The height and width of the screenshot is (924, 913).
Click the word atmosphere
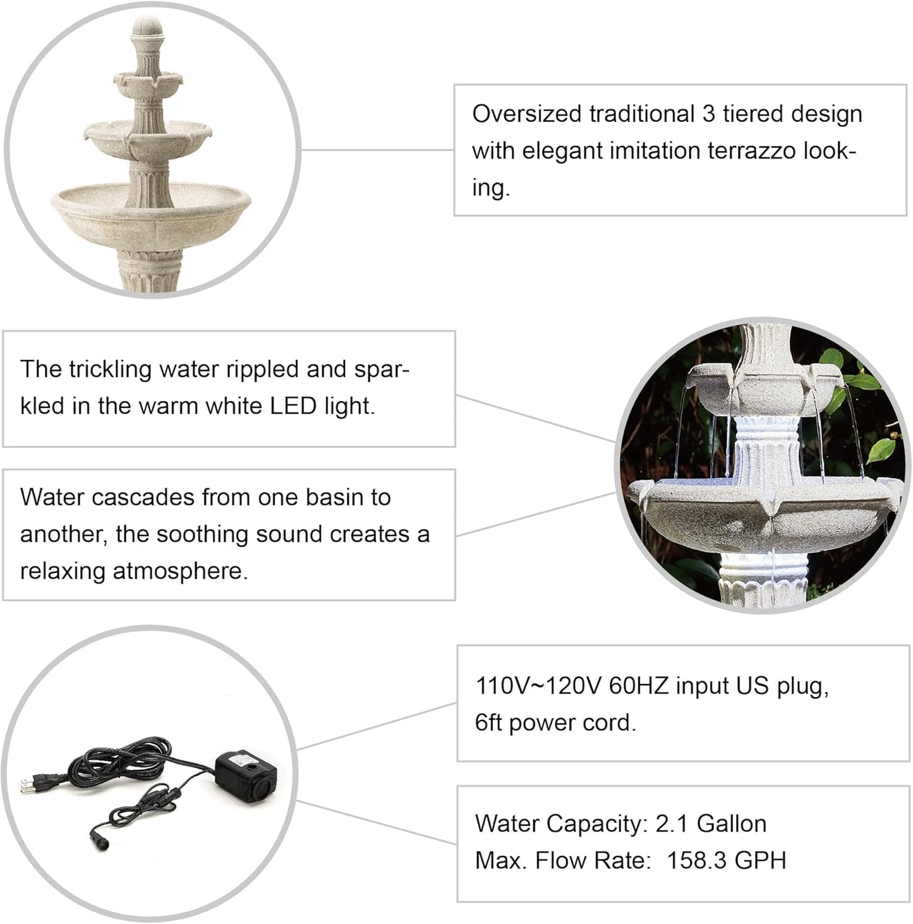point(179,572)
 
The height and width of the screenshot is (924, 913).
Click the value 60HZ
point(638,686)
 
